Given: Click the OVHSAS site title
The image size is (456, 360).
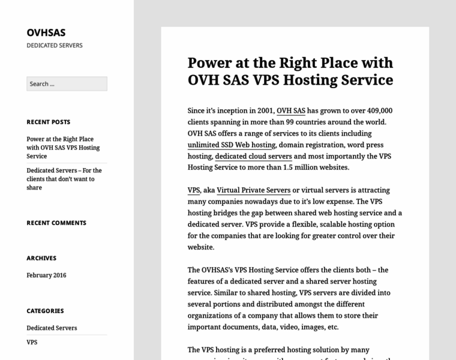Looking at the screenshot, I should (x=46, y=32).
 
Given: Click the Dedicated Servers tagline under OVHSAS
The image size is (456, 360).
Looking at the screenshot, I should (x=55, y=46).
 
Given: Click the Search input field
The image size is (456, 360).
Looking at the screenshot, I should (x=67, y=84).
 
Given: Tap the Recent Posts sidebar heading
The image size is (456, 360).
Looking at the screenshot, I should (x=49, y=122).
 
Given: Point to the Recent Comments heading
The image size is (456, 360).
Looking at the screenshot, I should (x=56, y=223).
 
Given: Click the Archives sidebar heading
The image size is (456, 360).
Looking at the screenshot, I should (x=41, y=258).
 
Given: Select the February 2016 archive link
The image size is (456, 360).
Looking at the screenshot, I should (x=46, y=275).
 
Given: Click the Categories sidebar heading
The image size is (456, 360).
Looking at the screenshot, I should (x=45, y=311).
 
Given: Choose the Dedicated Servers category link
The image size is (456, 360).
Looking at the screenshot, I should (x=52, y=328).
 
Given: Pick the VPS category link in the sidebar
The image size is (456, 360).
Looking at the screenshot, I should (x=32, y=343).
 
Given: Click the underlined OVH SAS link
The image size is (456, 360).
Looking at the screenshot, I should (x=291, y=111).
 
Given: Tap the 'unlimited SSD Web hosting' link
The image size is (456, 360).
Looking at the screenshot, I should (x=232, y=145).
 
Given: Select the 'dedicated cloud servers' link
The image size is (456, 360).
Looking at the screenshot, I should (x=253, y=157).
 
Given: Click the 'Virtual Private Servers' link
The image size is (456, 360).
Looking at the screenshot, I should (x=253, y=190).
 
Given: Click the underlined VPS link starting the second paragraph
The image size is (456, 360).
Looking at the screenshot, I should (x=194, y=190).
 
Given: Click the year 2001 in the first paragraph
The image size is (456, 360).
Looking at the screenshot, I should (x=265, y=111).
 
